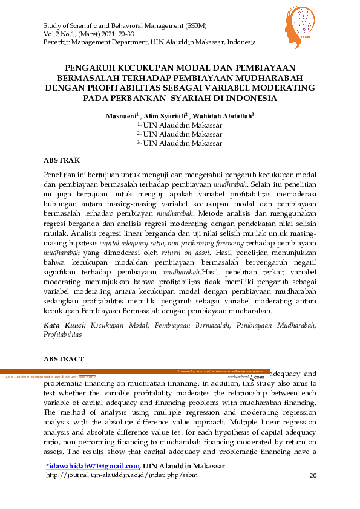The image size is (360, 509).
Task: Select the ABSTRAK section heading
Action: [x=62, y=160]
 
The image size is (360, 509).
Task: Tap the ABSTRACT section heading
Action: [x=64, y=359]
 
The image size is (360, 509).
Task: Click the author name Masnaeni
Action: [x=122, y=115]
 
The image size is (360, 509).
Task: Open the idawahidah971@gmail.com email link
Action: [x=93, y=465]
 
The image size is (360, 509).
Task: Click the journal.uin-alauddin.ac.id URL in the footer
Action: [x=122, y=475]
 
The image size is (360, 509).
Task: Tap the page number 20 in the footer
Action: [x=313, y=476]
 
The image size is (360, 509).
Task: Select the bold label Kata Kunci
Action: [x=64, y=325]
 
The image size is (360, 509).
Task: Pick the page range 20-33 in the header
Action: [x=125, y=34]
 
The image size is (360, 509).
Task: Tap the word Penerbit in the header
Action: [x=57, y=42]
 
